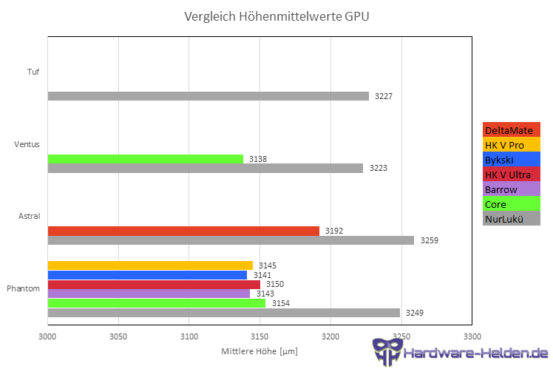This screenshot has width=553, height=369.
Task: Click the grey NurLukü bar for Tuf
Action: click(x=208, y=96)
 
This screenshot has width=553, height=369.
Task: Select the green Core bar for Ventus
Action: click(x=145, y=159)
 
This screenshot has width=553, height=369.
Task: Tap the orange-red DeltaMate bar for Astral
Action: click(x=183, y=231)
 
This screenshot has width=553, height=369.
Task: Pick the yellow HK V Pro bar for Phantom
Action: click(x=150, y=265)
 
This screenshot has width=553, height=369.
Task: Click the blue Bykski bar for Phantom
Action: click(x=147, y=275)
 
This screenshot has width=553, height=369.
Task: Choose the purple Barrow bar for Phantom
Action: click(x=149, y=294)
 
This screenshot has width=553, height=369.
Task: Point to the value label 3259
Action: click(x=430, y=240)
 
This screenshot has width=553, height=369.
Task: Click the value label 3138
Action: click(x=258, y=159)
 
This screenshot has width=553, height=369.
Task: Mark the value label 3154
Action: click(x=281, y=303)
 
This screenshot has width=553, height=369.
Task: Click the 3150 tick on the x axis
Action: click(x=259, y=335)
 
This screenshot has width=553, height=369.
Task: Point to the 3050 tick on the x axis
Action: click(x=118, y=335)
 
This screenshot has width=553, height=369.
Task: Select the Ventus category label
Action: click(x=27, y=144)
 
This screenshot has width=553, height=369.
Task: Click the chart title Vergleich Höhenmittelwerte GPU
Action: click(x=276, y=16)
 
